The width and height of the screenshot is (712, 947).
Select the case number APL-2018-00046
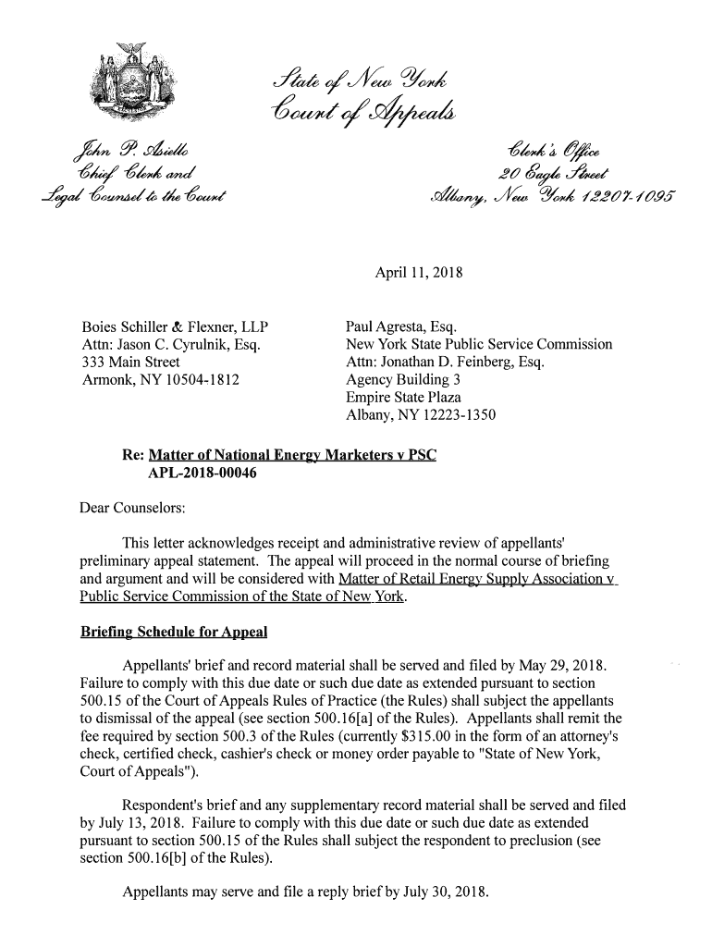(203, 474)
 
